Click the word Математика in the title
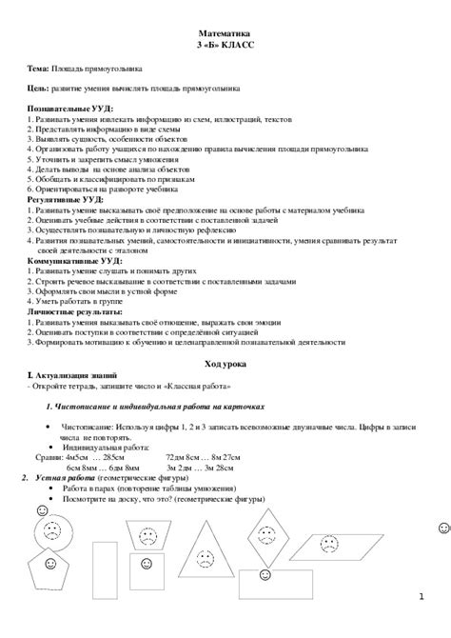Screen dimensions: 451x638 225,33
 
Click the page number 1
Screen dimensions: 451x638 421,596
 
